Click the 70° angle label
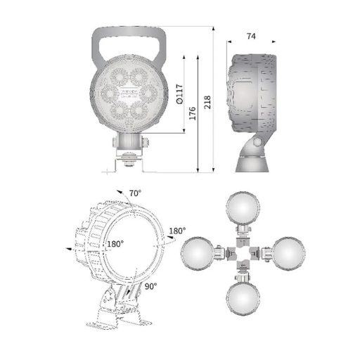coord(135,193)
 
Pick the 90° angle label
coord(150,285)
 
